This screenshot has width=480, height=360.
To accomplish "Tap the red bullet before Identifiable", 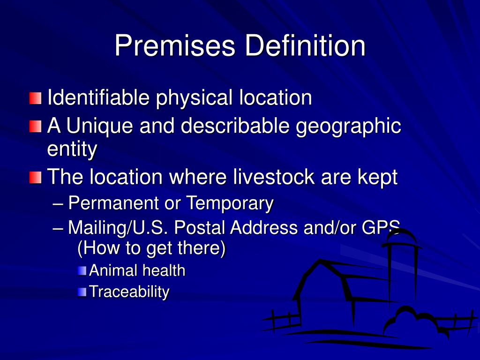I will point(35,98).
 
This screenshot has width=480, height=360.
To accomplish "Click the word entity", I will point(72,150).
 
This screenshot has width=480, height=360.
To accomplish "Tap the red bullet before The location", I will point(35,178).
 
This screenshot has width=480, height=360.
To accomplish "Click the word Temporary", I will point(230,203).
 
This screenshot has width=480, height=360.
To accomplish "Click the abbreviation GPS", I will point(381,228).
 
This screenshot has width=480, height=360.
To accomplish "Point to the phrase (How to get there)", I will point(151,248).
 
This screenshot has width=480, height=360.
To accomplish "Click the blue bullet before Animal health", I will point(82,270).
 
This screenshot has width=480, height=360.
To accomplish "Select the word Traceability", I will point(129,292).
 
